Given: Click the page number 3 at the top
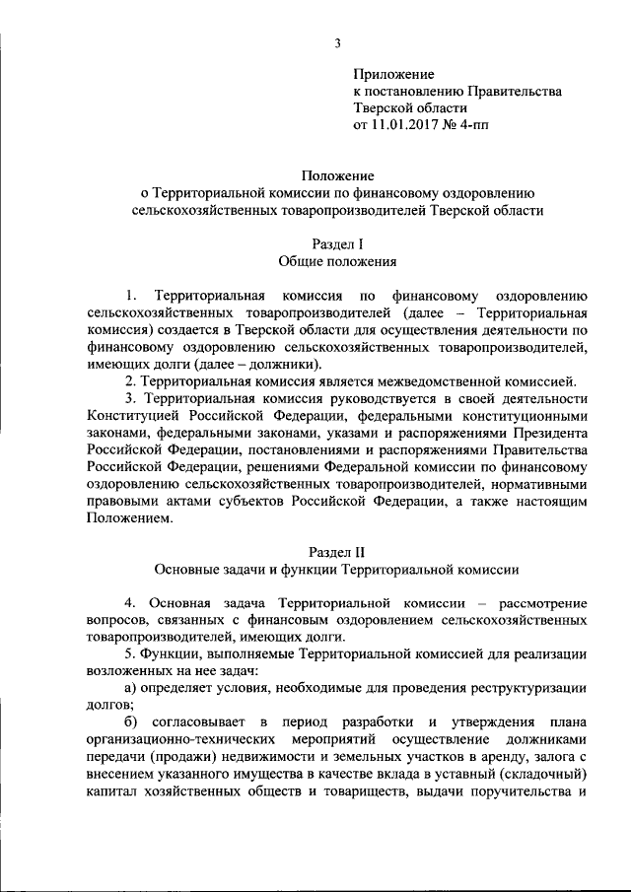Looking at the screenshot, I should [337, 42].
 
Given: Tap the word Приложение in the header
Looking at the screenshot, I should [394, 73].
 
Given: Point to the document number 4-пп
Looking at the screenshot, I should [468, 126].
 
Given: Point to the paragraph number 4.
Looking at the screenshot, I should [128, 602].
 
